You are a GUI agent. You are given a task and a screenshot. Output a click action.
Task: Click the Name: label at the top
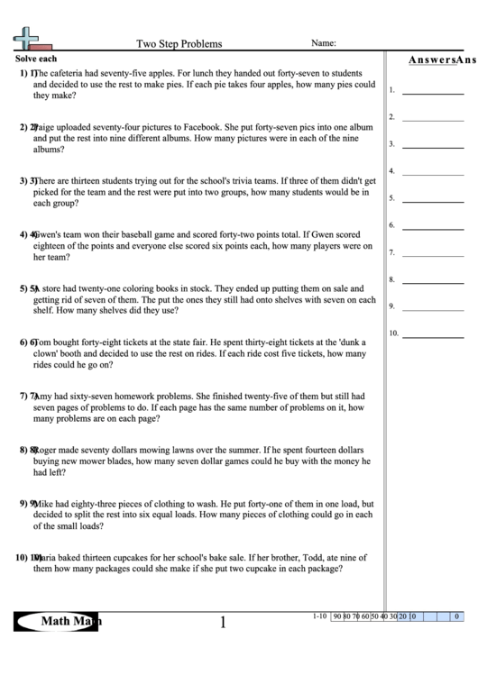point(324,42)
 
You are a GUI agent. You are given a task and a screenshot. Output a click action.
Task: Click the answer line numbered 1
point(433,92)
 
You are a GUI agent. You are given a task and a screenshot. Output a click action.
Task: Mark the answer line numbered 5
point(433,200)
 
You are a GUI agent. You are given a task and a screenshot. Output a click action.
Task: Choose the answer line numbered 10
point(433,335)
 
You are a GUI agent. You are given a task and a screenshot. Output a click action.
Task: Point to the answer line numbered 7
point(433,254)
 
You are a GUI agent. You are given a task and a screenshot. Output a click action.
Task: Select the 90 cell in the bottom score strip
point(336,616)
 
